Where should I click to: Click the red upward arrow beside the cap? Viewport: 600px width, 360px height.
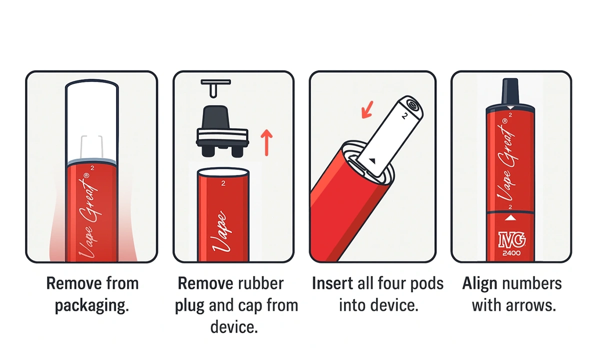tap(267, 142)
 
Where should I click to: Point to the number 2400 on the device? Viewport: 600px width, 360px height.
tap(511, 253)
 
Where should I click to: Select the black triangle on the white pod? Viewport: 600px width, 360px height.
tap(372, 160)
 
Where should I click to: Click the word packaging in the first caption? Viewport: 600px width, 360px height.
tap(91, 305)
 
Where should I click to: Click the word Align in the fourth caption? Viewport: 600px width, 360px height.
tap(479, 283)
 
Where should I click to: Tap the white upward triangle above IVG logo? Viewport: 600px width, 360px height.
tap(511, 218)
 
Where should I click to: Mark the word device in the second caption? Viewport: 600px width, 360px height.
tap(233, 327)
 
